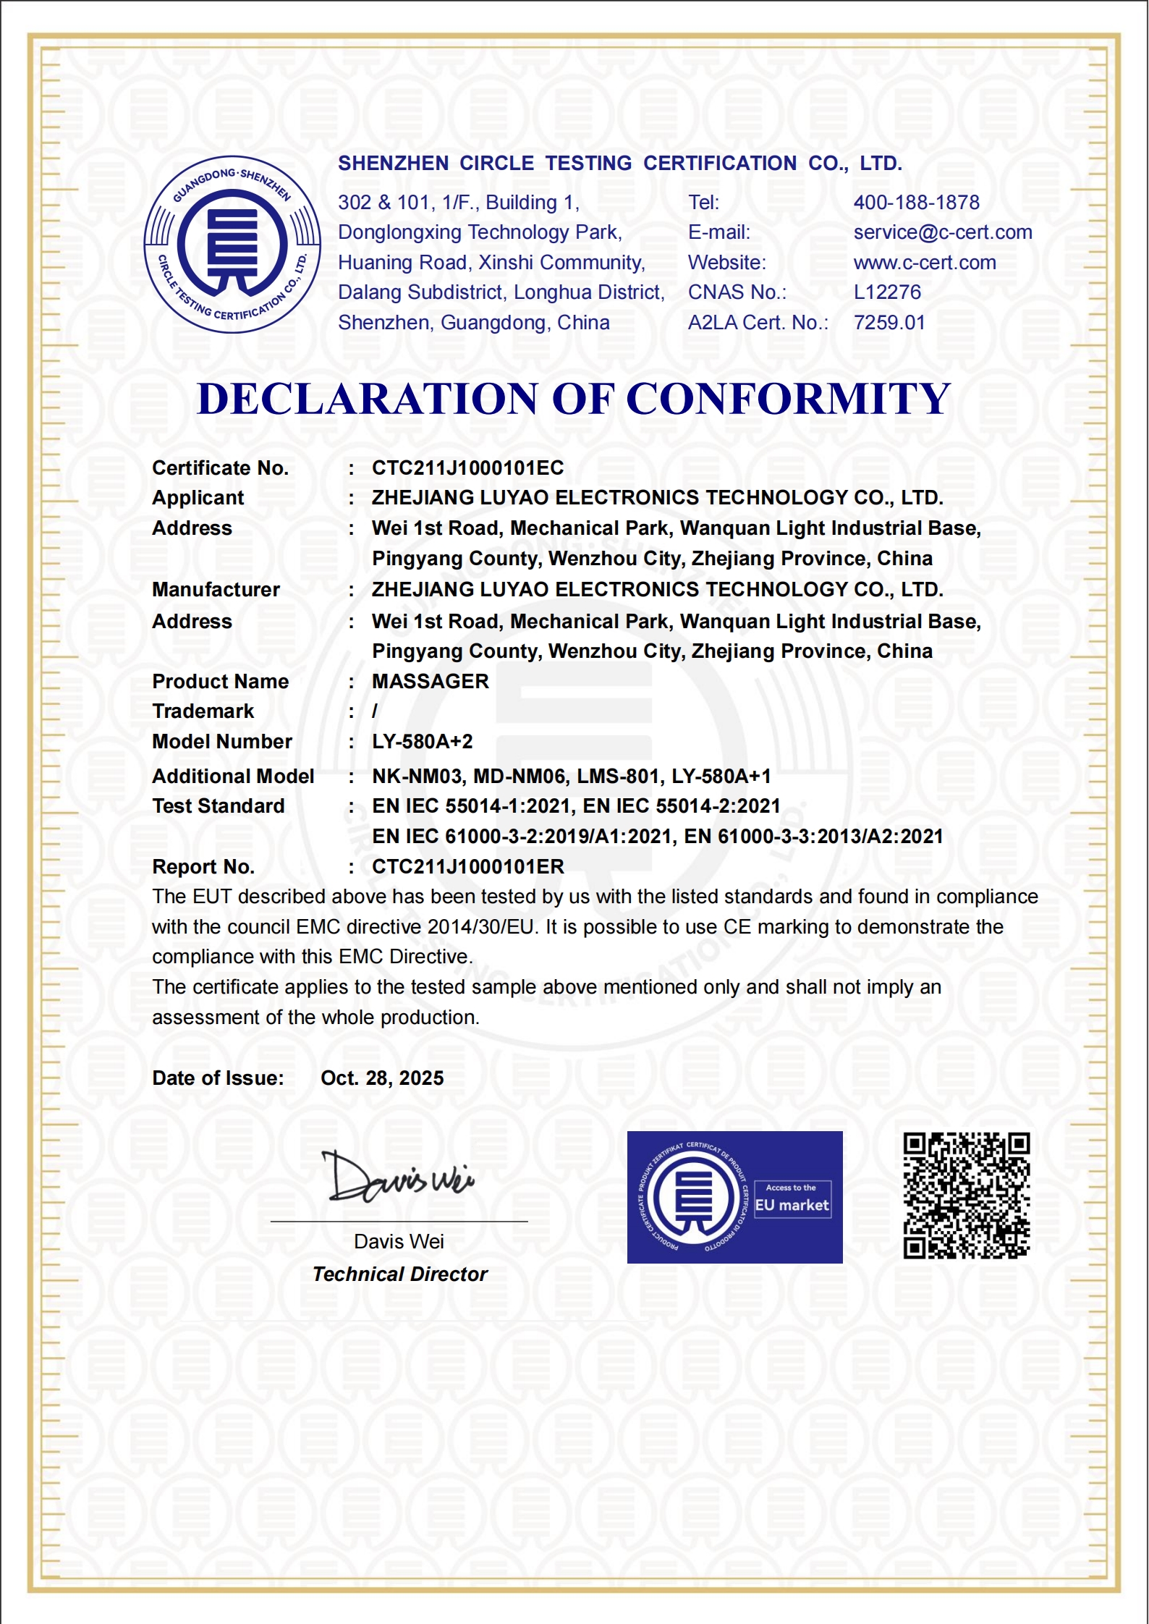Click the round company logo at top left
point(232,245)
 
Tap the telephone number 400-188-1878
point(916,203)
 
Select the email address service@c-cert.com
point(942,232)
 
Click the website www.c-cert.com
point(924,263)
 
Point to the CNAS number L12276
point(887,292)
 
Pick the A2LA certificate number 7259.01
point(889,323)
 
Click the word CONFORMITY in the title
point(787,399)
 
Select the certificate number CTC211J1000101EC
point(467,468)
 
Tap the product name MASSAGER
point(431,682)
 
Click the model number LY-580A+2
point(423,742)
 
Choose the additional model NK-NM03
point(417,777)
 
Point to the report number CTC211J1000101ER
point(468,867)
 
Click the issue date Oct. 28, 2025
point(382,1078)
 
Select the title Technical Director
point(400,1274)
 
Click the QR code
point(966,1196)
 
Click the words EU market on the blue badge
point(792,1205)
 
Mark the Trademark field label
point(203,711)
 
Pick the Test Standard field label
point(219,806)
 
